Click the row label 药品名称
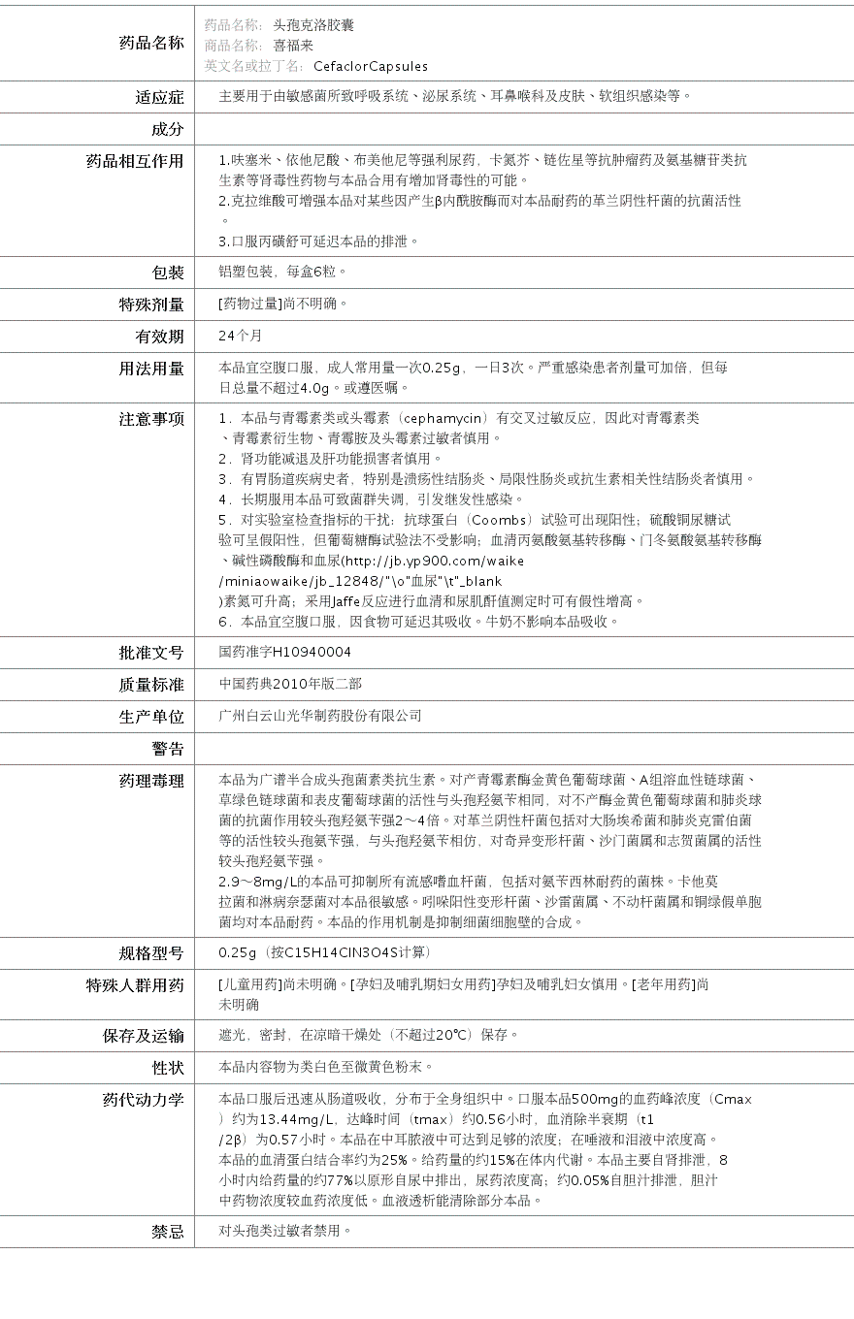pos(150,43)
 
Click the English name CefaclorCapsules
pos(371,66)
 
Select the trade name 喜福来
pos(293,45)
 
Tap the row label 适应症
pos(159,97)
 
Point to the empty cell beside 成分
pos(524,129)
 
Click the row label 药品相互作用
pos(135,161)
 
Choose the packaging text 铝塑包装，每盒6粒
pos(281,272)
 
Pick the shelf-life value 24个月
pos(241,336)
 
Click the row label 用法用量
pos(150,369)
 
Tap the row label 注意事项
pos(150,419)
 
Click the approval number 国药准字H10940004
pos(285,652)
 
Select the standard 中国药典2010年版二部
pos(290,684)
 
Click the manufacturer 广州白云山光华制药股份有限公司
pos(320,716)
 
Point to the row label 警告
pos(167,749)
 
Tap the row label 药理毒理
pos(150,781)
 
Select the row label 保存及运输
pos(143,1036)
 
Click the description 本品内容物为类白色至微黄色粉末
pos(324,1067)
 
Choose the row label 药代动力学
pos(143,1100)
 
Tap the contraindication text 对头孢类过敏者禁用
pos(284,1231)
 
